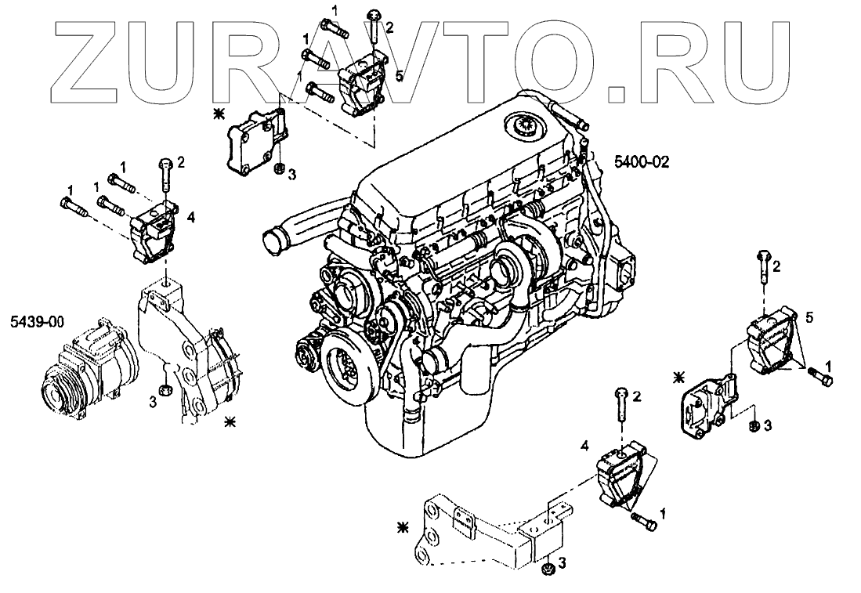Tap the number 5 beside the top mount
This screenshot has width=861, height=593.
click(x=399, y=75)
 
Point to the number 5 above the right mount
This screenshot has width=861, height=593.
click(x=809, y=317)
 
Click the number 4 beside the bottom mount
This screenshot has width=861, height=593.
click(x=584, y=446)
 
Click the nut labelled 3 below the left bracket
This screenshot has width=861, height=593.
click(x=165, y=389)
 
